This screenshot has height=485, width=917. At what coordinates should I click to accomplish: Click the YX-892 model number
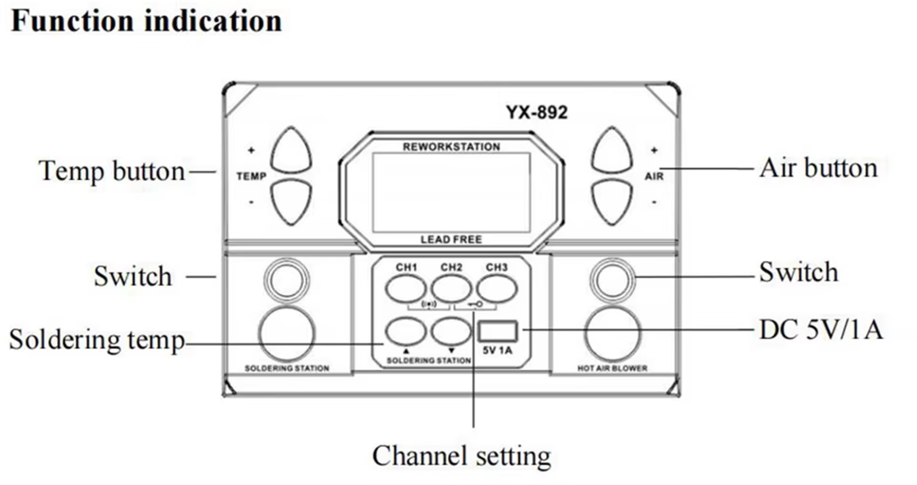pos(537,113)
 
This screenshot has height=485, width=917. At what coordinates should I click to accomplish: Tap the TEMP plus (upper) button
pos(291,150)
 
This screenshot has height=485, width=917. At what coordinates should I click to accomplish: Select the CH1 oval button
pos(406,289)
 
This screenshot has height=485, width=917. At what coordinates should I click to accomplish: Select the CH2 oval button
pos(451,289)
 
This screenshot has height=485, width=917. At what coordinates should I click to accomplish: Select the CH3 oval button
pos(496,289)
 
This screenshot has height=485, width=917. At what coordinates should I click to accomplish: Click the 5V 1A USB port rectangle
pos(497,331)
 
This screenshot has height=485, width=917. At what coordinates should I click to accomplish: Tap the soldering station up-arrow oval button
pos(406,331)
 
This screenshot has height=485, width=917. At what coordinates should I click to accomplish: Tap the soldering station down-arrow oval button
pos(451,331)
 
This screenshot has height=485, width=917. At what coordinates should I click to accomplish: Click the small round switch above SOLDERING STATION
pos(286,280)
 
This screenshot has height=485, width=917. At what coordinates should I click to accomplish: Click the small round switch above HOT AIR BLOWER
pos(613,280)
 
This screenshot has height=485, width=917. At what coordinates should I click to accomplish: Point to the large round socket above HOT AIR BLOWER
pos(613,334)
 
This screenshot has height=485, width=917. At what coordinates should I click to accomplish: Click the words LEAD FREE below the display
pos(451,240)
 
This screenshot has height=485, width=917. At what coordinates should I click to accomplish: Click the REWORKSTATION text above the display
pos(451,147)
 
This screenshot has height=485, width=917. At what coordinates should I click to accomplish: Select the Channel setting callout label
pos(461,456)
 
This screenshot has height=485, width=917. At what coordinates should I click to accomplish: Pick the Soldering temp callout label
pos(97,339)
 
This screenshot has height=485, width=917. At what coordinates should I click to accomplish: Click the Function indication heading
pos(146,21)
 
